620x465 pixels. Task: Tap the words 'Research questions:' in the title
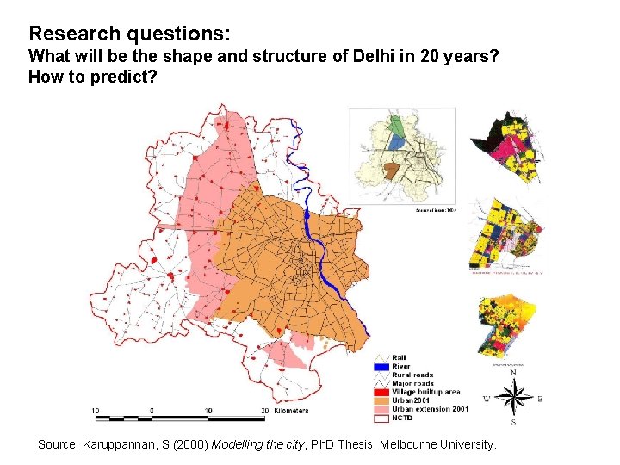point(129,34)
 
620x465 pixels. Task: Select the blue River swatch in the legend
point(382,367)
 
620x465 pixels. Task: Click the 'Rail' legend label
point(400,358)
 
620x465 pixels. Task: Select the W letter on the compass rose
point(486,399)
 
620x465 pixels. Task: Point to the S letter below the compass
point(514,423)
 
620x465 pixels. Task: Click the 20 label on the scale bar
point(263,411)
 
